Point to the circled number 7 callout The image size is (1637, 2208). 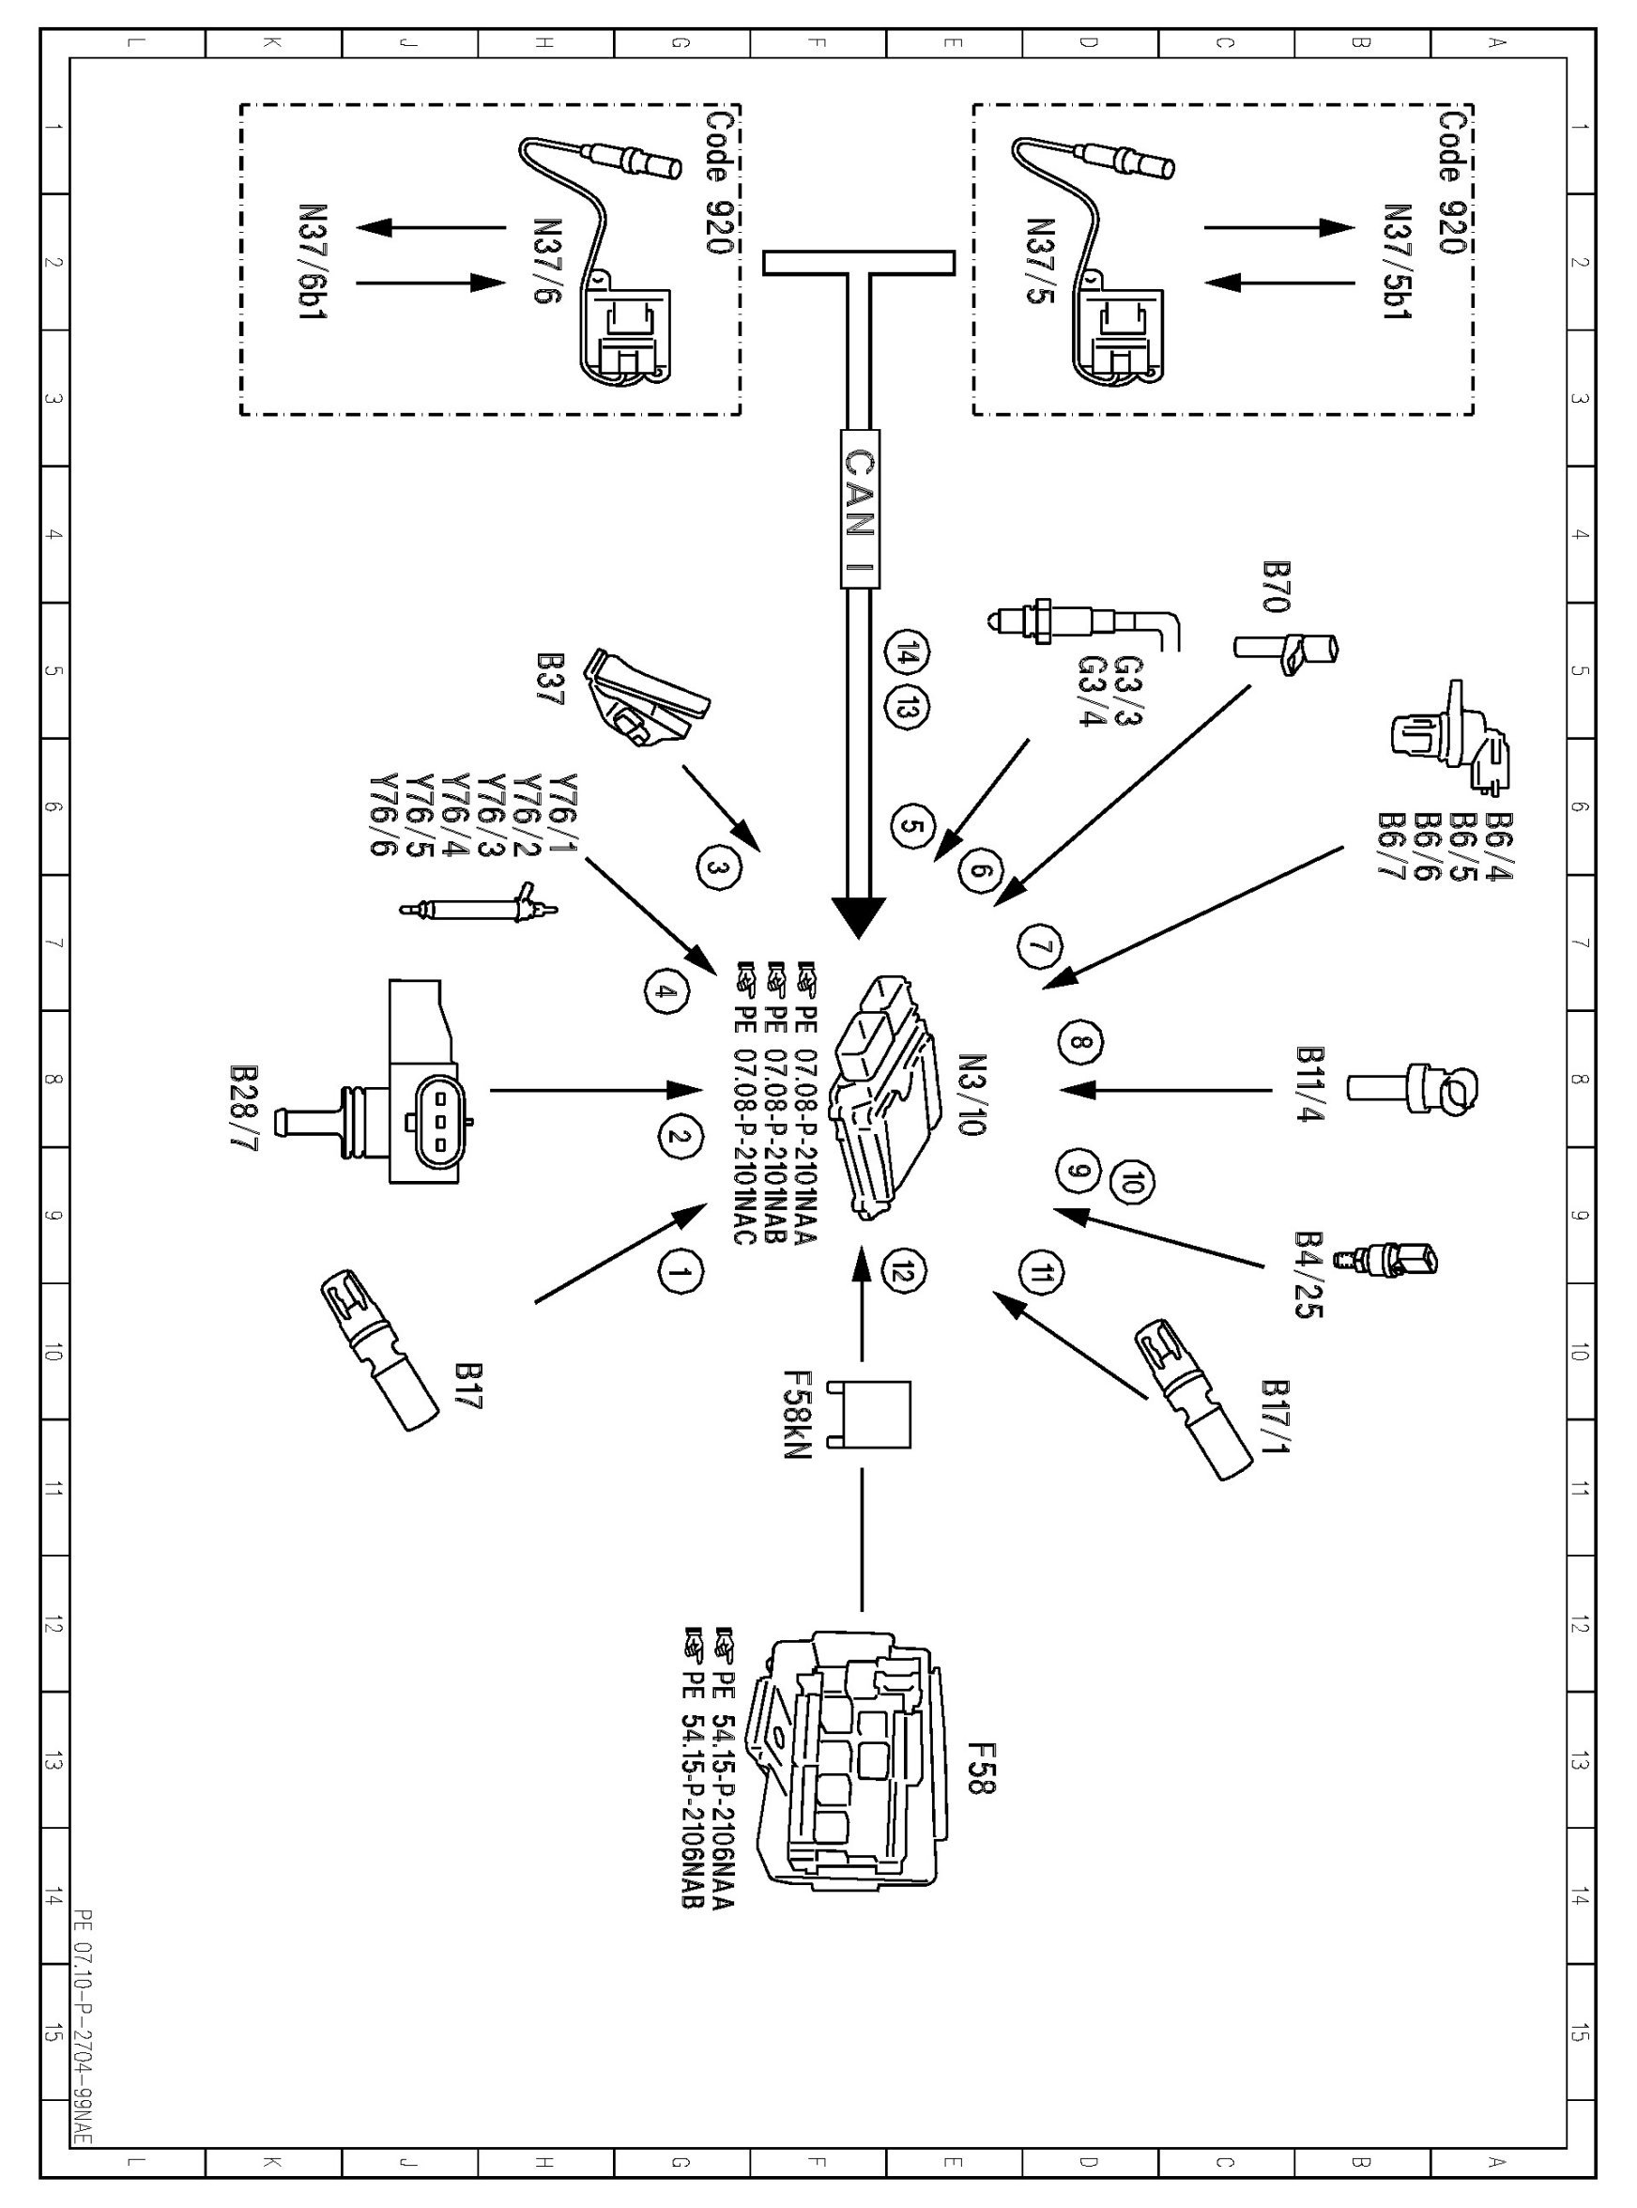pos(1039,946)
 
